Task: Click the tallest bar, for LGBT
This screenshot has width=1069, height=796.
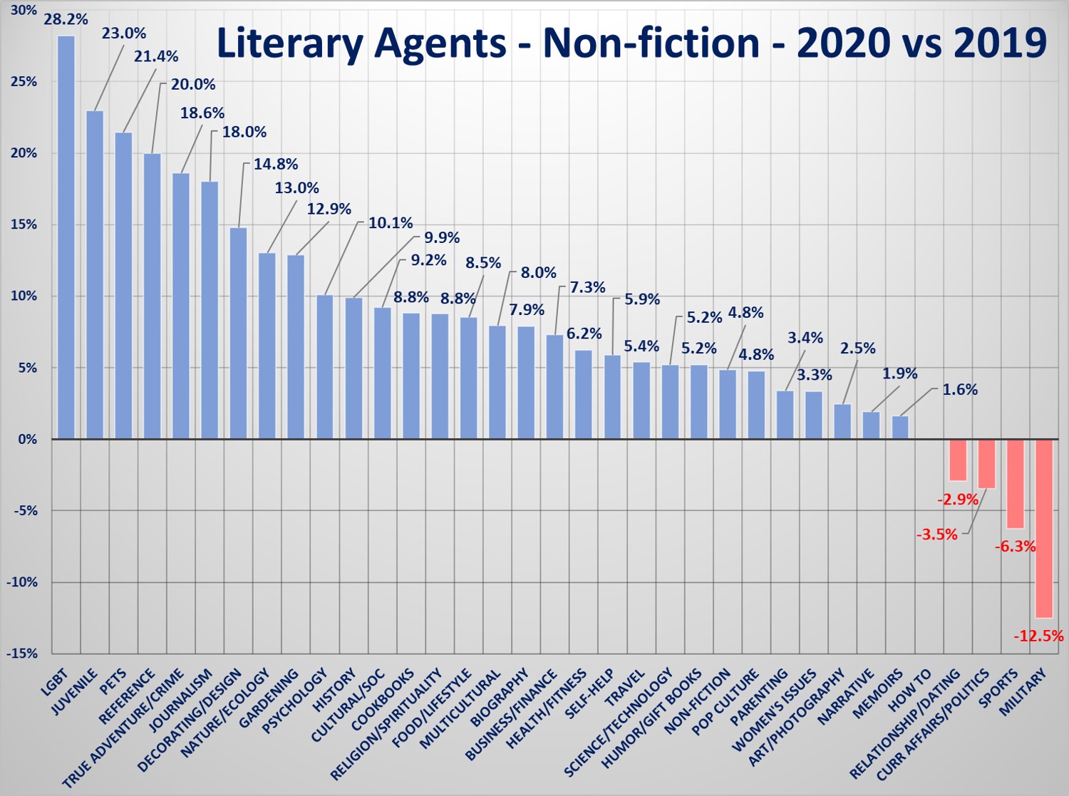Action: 66,237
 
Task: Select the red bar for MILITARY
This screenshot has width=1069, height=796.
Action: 1043,528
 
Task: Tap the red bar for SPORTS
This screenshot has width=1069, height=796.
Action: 1015,484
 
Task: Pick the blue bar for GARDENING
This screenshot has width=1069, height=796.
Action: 296,346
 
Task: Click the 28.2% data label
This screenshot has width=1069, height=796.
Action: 66,19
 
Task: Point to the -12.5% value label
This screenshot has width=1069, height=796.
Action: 1038,636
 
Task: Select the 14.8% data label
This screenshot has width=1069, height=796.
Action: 276,164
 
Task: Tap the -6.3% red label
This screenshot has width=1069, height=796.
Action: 1015,547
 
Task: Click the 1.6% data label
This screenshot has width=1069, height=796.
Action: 960,390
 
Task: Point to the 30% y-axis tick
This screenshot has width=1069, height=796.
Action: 24,10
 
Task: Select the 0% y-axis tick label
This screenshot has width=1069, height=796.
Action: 28,439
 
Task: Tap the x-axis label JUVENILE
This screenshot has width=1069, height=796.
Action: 74,691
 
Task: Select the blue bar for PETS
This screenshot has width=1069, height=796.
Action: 123,285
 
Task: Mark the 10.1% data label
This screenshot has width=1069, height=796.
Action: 391,224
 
